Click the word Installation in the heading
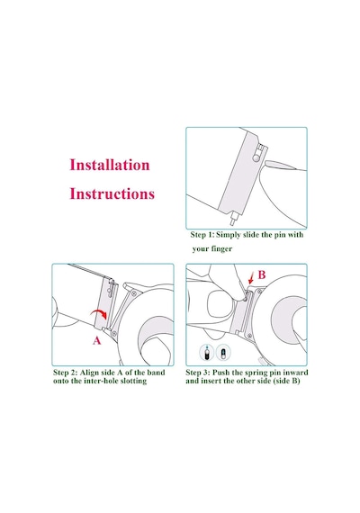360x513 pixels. [110, 165]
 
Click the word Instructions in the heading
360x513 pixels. [112, 193]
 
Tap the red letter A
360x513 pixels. [97, 341]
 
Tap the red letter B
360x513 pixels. [262, 274]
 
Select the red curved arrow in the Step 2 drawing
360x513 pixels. [99, 313]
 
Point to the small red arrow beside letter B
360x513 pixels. [251, 279]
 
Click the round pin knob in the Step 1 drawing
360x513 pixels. [256, 158]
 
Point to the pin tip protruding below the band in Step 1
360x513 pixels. [234, 220]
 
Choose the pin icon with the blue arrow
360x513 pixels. [206, 353]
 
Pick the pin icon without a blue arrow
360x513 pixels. [223, 354]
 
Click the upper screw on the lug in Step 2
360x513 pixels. [133, 293]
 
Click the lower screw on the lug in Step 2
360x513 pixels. [114, 333]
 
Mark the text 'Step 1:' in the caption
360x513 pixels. [202, 235]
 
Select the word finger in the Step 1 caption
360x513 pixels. [221, 249]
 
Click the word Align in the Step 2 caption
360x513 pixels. [89, 373]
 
